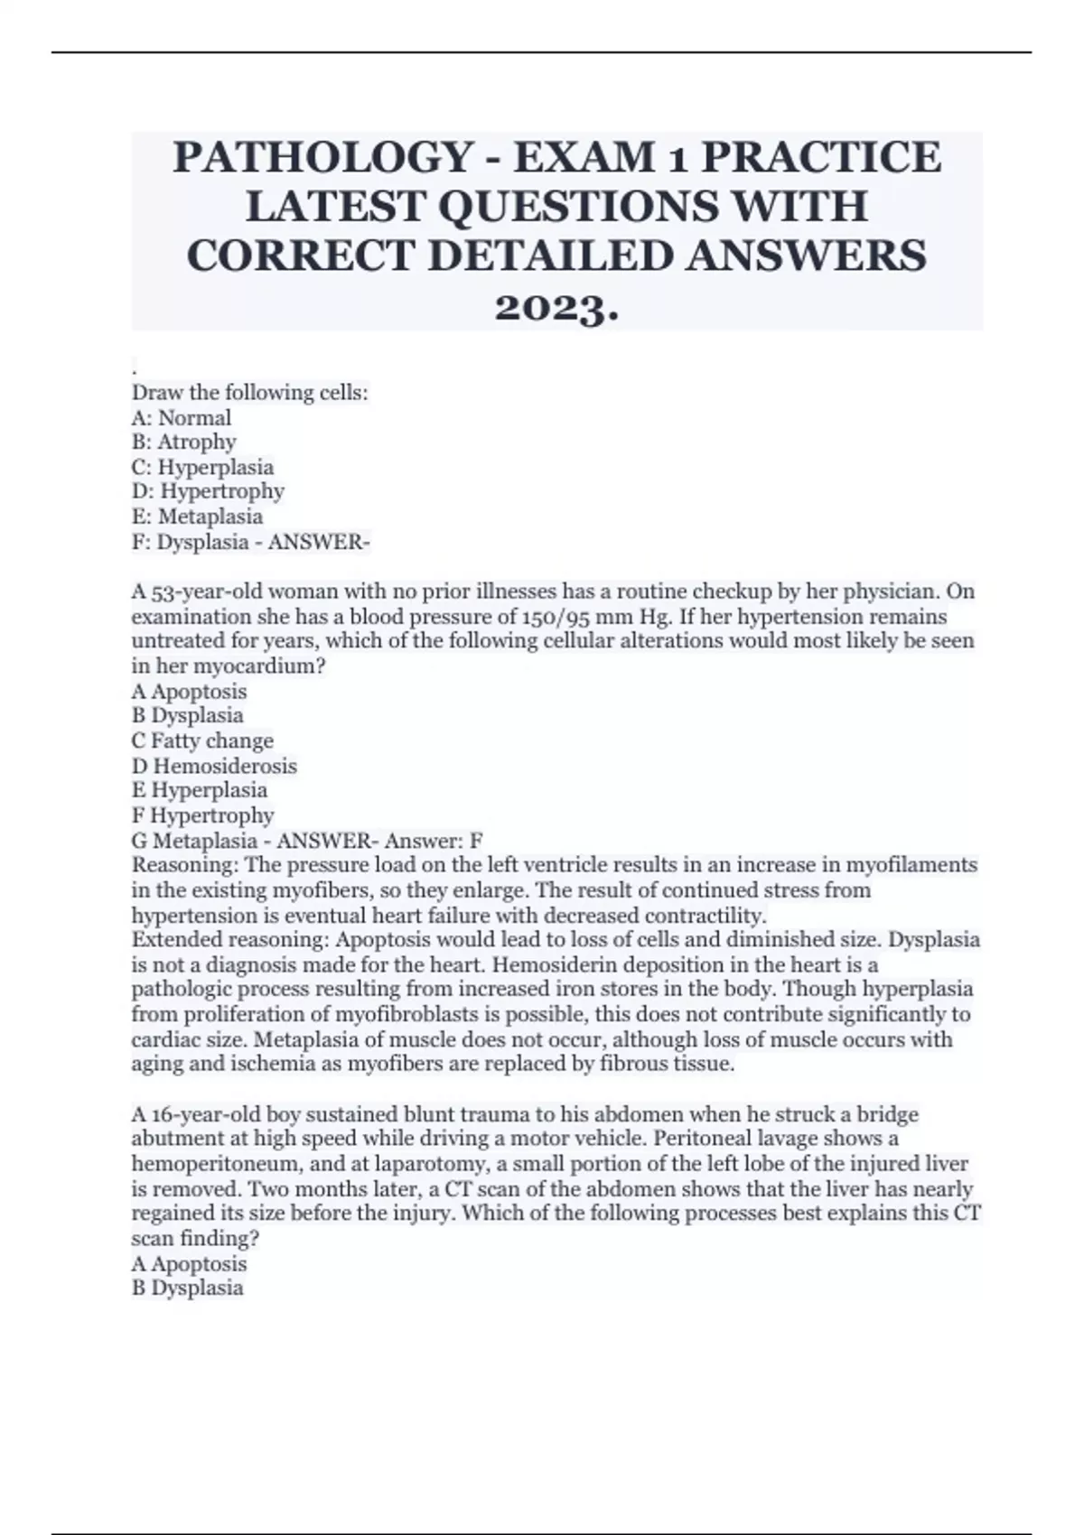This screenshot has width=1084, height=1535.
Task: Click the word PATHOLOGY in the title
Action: point(322,158)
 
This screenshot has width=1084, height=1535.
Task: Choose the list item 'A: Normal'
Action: point(182,418)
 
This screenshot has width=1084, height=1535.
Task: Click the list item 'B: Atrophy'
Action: point(184,442)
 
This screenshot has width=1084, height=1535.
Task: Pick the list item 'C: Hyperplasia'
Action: point(202,468)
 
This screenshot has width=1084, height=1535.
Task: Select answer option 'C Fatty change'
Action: point(202,741)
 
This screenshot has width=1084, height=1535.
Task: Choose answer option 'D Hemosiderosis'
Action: point(214,767)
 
